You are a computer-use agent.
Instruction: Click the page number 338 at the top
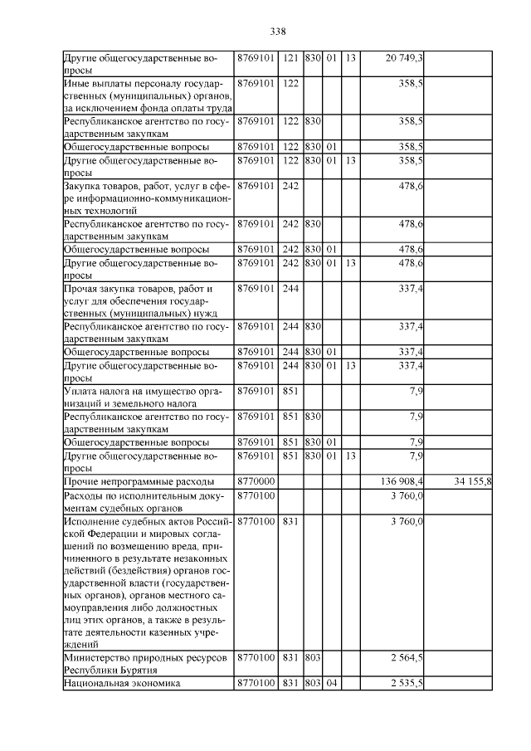pos(277,32)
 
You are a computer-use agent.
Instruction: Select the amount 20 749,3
pos(405,57)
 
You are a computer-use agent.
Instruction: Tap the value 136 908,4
pos(402,481)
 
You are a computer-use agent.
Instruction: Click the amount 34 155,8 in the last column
pos(473,481)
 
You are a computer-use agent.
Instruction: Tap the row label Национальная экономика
pos(122,683)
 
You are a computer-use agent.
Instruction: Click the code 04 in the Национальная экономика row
pos(331,683)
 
